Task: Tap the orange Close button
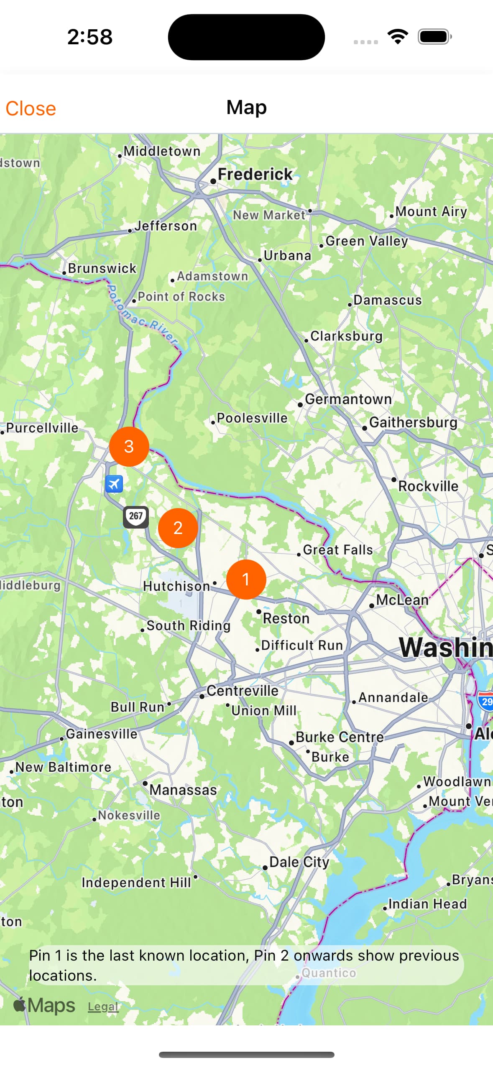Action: coord(31,109)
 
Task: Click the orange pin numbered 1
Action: coord(246,579)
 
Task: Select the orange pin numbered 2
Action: coord(178,528)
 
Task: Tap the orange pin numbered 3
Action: coord(129,446)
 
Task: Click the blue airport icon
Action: coord(114,484)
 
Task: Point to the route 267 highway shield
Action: coord(136,516)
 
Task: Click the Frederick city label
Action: coord(255,175)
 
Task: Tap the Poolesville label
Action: coord(252,418)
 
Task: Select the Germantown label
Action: coord(348,399)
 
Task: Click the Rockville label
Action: coord(428,486)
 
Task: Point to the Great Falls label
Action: coord(337,550)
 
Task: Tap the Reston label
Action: coord(286,618)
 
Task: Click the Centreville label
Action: coord(242,691)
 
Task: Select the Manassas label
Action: coord(183,790)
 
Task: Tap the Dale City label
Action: coord(299,862)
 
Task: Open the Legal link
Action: coord(103,1007)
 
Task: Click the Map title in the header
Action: coord(246,107)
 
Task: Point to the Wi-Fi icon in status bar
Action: coord(398,37)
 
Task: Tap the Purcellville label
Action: coord(42,428)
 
